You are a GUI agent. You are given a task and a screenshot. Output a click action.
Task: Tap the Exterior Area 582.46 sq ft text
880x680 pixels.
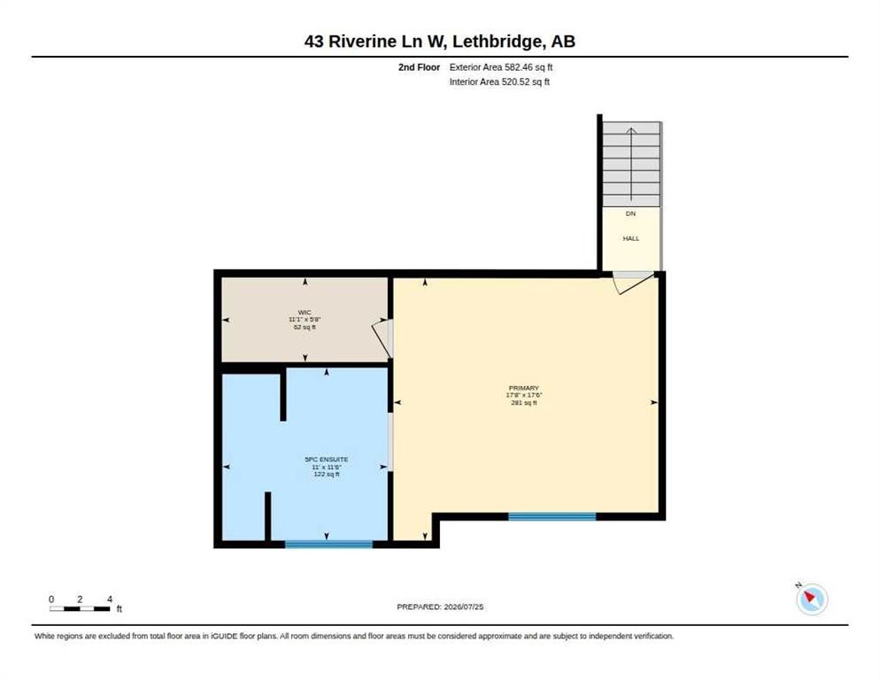pyautogui.click(x=501, y=67)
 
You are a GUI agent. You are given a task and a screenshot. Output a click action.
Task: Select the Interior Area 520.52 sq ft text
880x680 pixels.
pyautogui.click(x=499, y=82)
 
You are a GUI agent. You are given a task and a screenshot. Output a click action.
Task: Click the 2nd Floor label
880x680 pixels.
pyautogui.click(x=420, y=67)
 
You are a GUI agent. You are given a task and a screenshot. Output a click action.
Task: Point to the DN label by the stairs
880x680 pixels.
pyautogui.click(x=631, y=214)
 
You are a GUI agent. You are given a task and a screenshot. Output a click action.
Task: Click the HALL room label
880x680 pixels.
pyautogui.click(x=631, y=239)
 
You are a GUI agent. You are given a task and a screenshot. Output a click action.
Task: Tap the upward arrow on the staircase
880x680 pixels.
pyautogui.click(x=631, y=164)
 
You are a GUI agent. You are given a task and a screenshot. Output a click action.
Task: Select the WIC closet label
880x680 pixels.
pyautogui.click(x=305, y=313)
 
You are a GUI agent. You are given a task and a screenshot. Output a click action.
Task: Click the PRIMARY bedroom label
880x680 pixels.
pyautogui.click(x=523, y=388)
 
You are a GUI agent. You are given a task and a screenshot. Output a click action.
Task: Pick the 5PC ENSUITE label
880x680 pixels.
pyautogui.click(x=327, y=460)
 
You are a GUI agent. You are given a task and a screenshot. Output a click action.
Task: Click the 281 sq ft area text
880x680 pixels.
pyautogui.click(x=523, y=403)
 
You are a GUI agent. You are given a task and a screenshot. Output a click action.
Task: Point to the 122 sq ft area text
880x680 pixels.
pyautogui.click(x=327, y=475)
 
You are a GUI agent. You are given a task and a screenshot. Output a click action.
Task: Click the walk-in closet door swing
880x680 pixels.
pyautogui.click(x=382, y=338)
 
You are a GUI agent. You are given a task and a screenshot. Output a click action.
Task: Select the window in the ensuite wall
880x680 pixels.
pyautogui.click(x=328, y=545)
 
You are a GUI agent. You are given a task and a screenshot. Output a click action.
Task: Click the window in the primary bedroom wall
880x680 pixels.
pyautogui.click(x=552, y=516)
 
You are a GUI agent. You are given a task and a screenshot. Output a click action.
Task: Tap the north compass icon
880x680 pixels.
pyautogui.click(x=812, y=599)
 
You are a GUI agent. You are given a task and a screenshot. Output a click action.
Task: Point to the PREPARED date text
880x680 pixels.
pyautogui.click(x=440, y=607)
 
